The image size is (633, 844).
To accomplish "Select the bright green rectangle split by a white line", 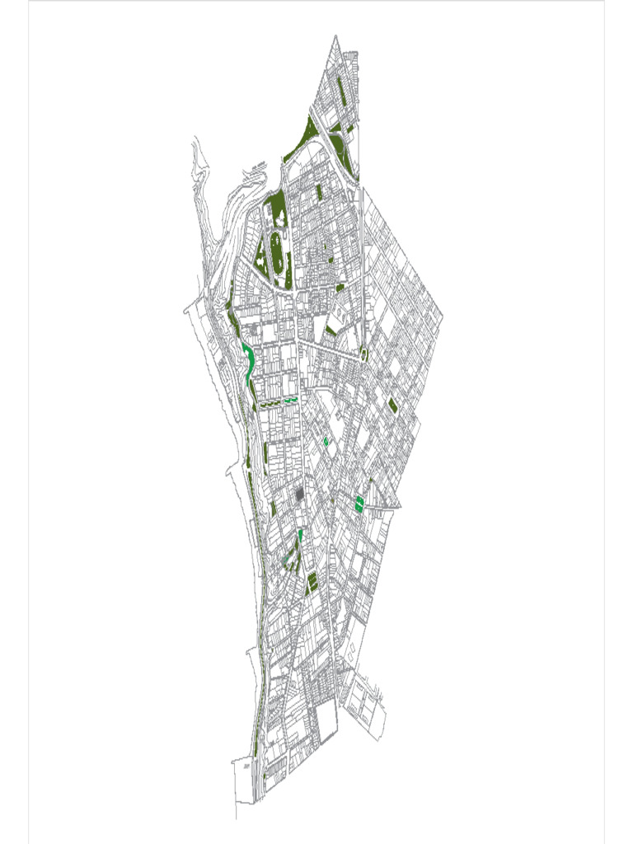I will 360,504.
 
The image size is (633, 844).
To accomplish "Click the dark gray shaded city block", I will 299,495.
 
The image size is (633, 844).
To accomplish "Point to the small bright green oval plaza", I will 326,442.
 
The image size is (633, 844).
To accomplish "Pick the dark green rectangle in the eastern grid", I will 392,406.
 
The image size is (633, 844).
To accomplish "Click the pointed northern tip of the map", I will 336,36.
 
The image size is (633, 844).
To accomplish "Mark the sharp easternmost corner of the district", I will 443,317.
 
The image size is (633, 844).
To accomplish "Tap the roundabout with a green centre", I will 363,355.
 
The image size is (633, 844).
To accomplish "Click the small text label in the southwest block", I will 246,766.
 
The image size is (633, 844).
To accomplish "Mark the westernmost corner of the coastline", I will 185,312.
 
